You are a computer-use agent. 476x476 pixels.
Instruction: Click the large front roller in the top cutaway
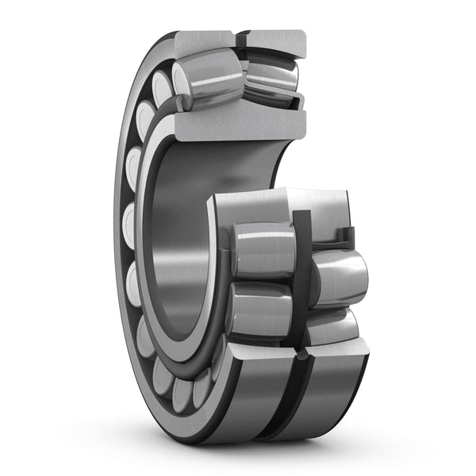pos(208,79)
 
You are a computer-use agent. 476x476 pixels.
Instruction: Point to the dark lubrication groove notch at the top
pos(240,40)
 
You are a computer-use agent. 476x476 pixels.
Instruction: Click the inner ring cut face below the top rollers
pos(238,125)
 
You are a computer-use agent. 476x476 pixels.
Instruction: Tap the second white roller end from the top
pos(144,119)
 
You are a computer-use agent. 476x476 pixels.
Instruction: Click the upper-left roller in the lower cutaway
pos(263,250)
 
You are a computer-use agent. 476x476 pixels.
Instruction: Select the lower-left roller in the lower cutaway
pos(259,309)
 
